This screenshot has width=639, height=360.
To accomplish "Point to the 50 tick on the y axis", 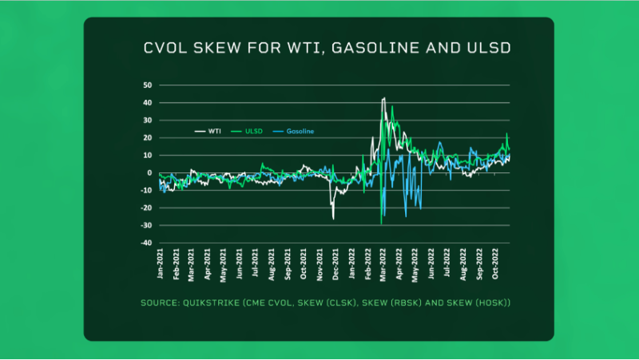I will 147,85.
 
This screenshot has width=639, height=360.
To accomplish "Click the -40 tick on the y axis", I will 145,243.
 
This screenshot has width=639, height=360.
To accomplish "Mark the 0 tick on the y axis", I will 149,172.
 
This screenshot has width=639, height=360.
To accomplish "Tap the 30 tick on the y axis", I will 147,120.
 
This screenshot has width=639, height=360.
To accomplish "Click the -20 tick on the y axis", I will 145,208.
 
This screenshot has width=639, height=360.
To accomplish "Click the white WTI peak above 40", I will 384,98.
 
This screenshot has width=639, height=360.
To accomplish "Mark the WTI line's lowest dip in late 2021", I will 333,218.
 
